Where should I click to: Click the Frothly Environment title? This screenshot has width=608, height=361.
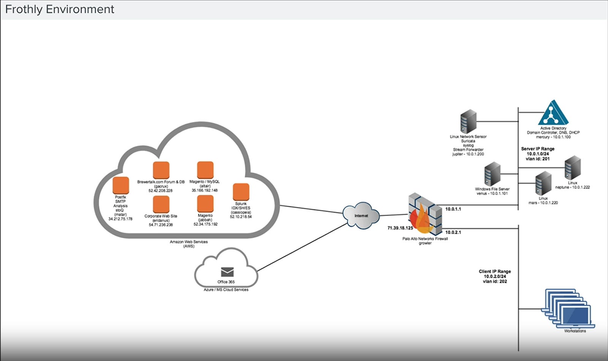coord(60,9)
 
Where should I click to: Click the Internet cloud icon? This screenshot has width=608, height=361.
coord(361,216)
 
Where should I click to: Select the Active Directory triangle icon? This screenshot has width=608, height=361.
coord(553,113)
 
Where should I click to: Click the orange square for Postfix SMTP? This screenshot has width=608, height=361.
coord(121,186)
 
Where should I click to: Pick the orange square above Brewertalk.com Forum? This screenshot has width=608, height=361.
coord(161,170)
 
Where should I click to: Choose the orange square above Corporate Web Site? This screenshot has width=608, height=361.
coord(161,204)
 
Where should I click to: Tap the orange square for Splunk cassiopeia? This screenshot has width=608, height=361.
coord(241,192)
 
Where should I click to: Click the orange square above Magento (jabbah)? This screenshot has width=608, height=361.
coord(205,204)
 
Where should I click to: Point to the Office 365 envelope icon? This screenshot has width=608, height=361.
coord(227,272)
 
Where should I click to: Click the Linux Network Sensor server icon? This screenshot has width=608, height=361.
coord(468,121)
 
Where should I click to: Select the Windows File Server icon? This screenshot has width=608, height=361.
coord(492,174)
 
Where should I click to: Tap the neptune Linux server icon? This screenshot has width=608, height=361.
coord(572,168)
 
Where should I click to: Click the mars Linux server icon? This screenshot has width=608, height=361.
coord(543,183)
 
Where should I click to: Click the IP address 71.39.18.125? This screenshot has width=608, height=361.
coord(400,228)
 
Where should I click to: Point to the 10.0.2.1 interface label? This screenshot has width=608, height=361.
coord(453,232)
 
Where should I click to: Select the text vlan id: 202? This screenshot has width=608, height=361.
coord(495,281)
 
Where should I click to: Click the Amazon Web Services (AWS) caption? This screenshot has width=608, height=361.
coord(188,244)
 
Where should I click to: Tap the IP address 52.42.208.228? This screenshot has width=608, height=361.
coord(160,191)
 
